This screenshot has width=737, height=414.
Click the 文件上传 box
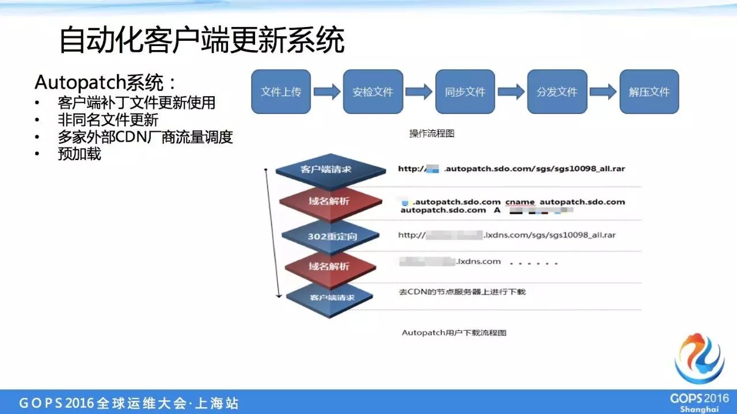[x=281, y=92]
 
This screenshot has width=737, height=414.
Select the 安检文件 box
[x=373, y=92]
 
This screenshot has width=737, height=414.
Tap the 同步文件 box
[x=465, y=92]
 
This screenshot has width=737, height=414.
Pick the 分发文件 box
[x=557, y=92]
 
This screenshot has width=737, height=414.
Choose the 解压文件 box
[x=649, y=92]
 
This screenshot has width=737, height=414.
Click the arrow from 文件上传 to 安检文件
[x=326, y=92]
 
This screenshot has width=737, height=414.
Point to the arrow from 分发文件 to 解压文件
[x=603, y=92]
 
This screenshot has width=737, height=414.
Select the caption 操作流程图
[x=432, y=134]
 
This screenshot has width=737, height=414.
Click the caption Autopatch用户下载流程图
[x=454, y=333]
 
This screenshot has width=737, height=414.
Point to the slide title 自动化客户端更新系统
[x=202, y=41]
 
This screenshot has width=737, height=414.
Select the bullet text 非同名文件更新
[x=108, y=120]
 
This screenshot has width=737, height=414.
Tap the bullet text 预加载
[x=79, y=154]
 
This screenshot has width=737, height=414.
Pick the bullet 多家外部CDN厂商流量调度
[x=145, y=137]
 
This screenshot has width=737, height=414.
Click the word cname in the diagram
[x=520, y=202]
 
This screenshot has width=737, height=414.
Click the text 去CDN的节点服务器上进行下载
[x=462, y=292]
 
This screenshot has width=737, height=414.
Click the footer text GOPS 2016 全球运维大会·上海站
[x=129, y=403]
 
